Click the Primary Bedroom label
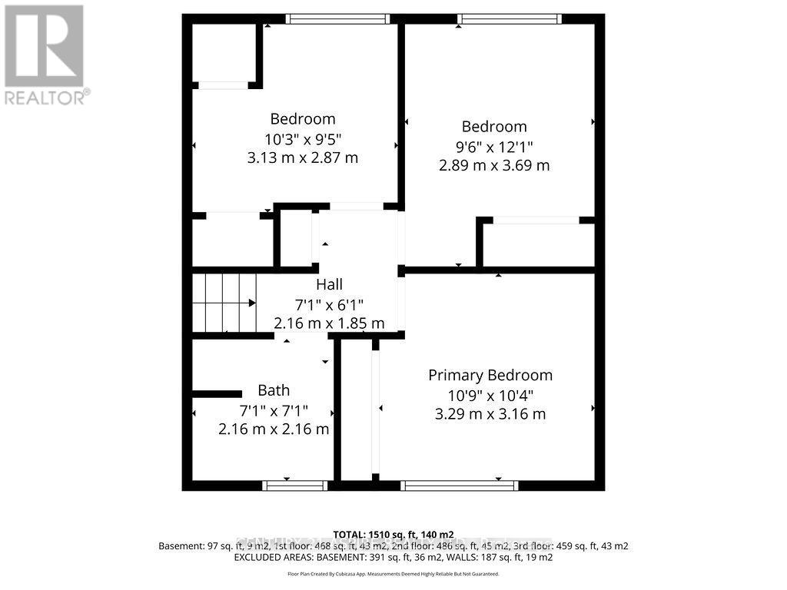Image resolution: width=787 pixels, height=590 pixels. (x=490, y=376)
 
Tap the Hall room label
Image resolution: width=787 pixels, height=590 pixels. (x=329, y=285)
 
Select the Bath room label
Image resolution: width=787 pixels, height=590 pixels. (x=274, y=390)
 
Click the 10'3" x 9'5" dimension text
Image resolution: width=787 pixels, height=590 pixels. (x=303, y=139)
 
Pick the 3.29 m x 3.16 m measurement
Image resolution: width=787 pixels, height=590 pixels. (x=490, y=414)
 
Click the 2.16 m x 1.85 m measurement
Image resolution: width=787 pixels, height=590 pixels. (x=329, y=323)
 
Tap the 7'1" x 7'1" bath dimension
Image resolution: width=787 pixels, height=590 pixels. (x=274, y=409)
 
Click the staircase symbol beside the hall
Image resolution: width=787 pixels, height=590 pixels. (x=224, y=303)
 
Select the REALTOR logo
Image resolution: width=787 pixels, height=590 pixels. (x=45, y=55)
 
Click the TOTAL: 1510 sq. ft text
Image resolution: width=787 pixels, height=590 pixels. (x=393, y=535)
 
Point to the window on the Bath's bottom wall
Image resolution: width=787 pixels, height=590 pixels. (x=295, y=486)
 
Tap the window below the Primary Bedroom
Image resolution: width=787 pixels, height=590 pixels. (x=460, y=486)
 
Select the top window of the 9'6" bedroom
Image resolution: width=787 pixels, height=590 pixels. (x=509, y=19)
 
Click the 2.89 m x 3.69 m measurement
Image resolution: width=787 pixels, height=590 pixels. (x=494, y=165)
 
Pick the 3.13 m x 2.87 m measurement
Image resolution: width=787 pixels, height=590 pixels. (x=303, y=158)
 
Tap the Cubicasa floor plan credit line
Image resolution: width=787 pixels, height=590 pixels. (x=393, y=574)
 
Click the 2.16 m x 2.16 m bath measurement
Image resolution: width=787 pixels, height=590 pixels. (x=274, y=429)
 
